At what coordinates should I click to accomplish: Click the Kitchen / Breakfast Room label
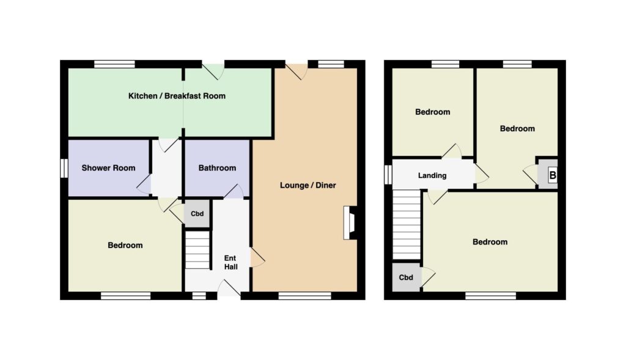[177, 96]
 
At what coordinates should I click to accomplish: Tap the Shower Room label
[108, 168]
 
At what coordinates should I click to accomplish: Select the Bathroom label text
[217, 168]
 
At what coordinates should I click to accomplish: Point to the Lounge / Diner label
[308, 185]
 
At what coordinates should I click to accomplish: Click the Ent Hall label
[230, 263]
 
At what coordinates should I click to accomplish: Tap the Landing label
[432, 175]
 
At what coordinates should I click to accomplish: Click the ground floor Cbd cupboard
[197, 213]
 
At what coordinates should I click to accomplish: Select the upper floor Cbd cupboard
[406, 277]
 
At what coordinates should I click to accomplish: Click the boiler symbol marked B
[553, 175]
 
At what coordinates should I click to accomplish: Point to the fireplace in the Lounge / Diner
[350, 222]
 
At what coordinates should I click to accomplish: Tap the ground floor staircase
[197, 250]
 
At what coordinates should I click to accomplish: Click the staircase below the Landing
[407, 225]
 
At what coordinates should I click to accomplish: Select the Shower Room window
[64, 168]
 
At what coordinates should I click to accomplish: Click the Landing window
[388, 175]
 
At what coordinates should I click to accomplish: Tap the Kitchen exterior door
[213, 70]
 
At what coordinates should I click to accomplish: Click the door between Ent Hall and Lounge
[257, 257]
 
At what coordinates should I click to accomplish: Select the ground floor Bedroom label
[125, 246]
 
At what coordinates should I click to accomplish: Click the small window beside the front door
[199, 296]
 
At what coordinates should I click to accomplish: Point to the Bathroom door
[234, 191]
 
